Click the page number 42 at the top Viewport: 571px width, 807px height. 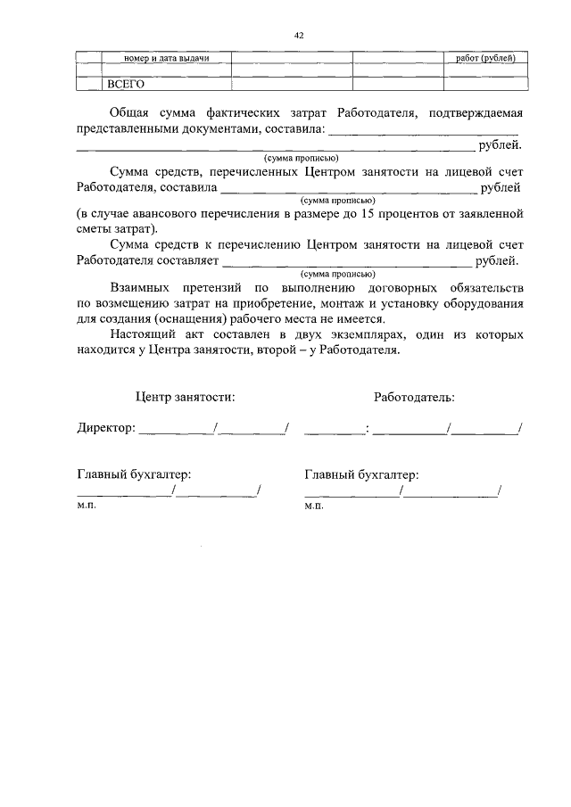[x=299, y=35]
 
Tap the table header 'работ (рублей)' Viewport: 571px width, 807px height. [x=486, y=58]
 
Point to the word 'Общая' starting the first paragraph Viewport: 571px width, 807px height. [x=130, y=113]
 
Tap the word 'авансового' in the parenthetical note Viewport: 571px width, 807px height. [x=170, y=215]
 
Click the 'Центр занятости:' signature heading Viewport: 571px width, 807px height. [x=186, y=395]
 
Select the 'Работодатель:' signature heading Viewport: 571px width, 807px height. [x=414, y=395]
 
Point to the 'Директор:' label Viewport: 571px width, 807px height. [x=105, y=428]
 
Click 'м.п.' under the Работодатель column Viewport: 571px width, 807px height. [x=313, y=505]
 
